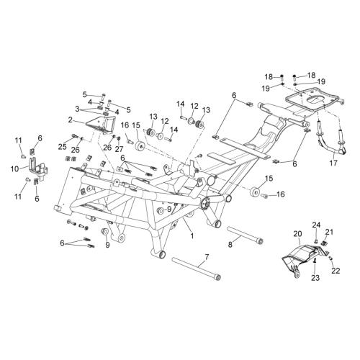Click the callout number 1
(192, 235)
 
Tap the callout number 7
(207, 257)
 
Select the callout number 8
(230, 245)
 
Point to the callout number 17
(333, 163)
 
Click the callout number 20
(297, 234)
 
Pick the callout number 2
(70, 120)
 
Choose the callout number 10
(14, 169)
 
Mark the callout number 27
(119, 149)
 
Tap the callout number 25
(63, 147)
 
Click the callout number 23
(315, 278)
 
